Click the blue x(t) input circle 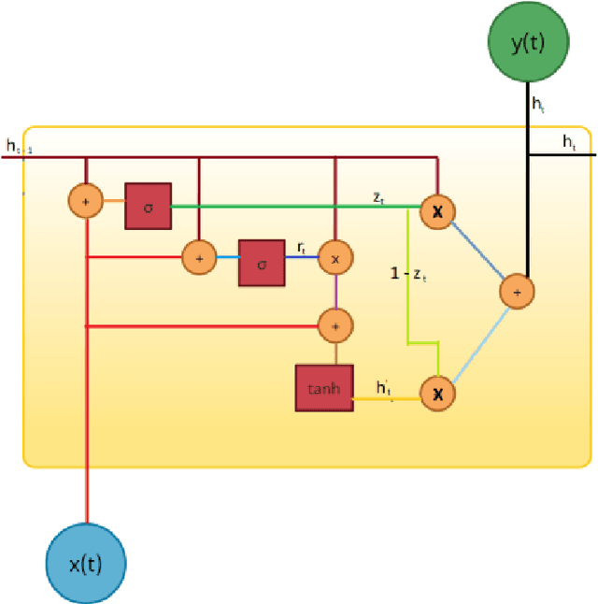click(x=86, y=563)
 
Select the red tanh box click(x=323, y=388)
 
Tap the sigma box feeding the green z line click(x=149, y=206)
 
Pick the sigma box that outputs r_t click(x=262, y=263)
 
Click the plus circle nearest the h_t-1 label click(x=85, y=200)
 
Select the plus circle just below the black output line click(x=516, y=292)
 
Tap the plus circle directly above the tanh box click(x=334, y=324)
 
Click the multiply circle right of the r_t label click(x=334, y=256)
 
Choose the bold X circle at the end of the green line click(x=436, y=212)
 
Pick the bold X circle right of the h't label click(x=436, y=394)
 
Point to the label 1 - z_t click(x=410, y=274)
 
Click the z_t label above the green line click(x=379, y=196)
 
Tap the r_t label click(x=303, y=247)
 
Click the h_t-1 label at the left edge click(x=18, y=147)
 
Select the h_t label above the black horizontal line click(x=569, y=141)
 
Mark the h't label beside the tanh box click(x=384, y=386)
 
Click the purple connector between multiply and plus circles click(x=334, y=291)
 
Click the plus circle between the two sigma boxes click(x=198, y=255)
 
